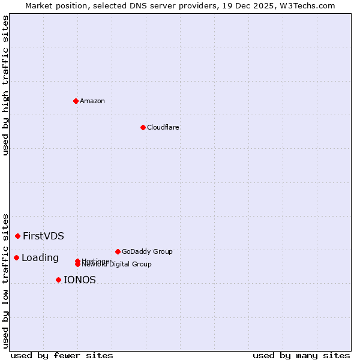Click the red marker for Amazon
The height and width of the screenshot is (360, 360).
point(76,101)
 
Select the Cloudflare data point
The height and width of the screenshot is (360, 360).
point(143,127)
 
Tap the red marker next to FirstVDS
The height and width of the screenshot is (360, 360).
point(18,236)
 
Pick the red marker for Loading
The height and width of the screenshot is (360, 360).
point(16,258)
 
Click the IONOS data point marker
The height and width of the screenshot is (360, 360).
point(58,280)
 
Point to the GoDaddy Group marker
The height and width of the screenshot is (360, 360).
point(118,251)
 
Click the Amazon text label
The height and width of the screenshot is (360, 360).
point(92,101)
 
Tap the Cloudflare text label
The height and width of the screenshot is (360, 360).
point(163,127)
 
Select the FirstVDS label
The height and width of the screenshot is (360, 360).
point(43,236)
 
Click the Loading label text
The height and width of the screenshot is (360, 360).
point(40,258)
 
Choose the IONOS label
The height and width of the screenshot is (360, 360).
point(80,280)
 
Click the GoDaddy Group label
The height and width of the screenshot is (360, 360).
point(147,251)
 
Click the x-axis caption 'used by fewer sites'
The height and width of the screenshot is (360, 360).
point(62,355)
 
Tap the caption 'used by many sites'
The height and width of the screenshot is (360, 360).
point(301,355)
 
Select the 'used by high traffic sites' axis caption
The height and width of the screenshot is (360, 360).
point(5,86)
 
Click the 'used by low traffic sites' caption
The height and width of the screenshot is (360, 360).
point(5,281)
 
